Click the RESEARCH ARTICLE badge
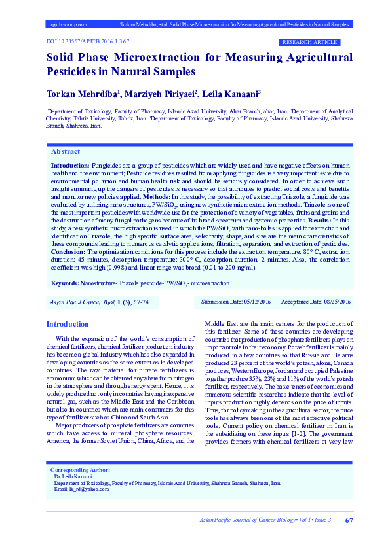click(317, 42)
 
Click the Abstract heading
click(66, 151)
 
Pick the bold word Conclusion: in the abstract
click(69, 251)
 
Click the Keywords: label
click(64, 283)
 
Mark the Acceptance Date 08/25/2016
click(317, 302)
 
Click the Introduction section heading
click(68, 324)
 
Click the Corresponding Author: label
click(80, 489)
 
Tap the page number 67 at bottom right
click(349, 520)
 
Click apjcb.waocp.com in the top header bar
click(69, 24)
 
